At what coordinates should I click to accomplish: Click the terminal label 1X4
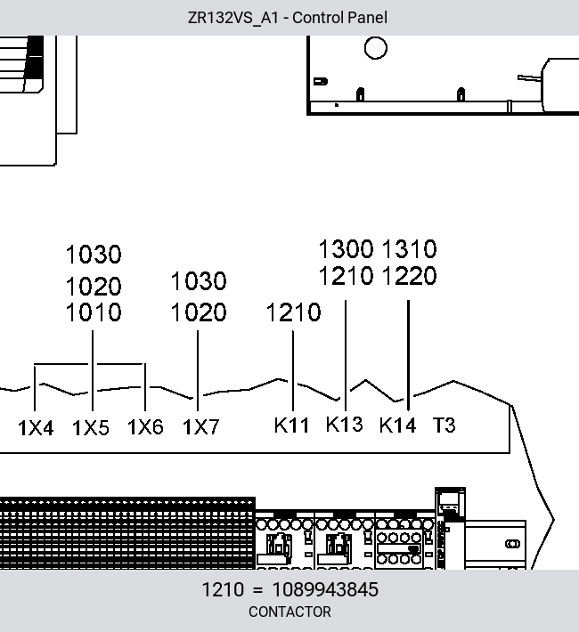coord(36,427)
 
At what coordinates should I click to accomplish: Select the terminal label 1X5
coord(91,427)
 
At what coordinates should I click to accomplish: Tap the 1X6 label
coord(145,427)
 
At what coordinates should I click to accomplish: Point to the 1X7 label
coord(201,427)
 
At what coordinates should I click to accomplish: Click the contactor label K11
coord(291,425)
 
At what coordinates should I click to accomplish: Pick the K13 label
coord(344,424)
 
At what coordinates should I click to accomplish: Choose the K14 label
coord(397,425)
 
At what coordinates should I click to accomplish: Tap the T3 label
coord(444,425)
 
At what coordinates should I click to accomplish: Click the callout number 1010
coord(94,312)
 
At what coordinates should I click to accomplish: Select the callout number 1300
coord(347,249)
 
